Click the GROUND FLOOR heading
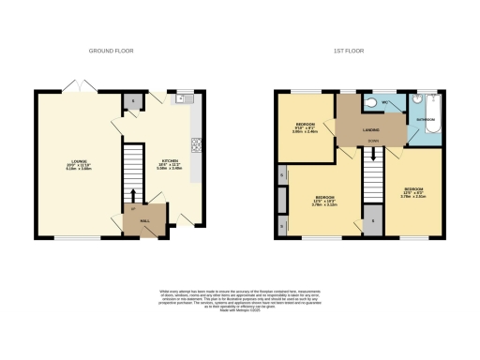[x=107, y=49]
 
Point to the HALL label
[x=145, y=220]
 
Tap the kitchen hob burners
[x=197, y=144]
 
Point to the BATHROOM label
[x=424, y=121]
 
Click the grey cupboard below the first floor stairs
[x=373, y=222]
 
